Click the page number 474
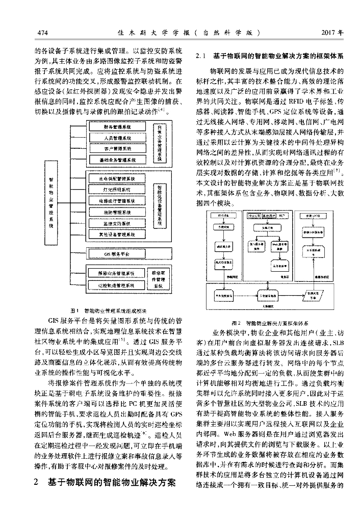coord(42,33)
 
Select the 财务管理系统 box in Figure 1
coord(117,126)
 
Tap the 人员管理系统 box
coord(117,138)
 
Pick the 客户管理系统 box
coord(117,149)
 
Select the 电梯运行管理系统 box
coord(117,201)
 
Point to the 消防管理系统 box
coord(117,212)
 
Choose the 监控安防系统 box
coord(117,223)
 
